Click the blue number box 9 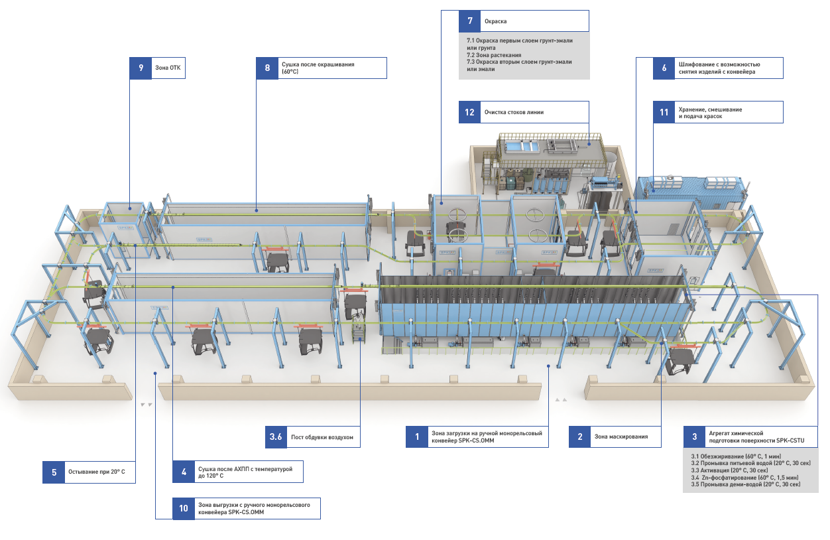141,68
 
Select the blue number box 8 267,68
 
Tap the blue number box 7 470,21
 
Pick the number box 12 470,112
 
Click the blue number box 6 664,68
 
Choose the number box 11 664,112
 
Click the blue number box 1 417,437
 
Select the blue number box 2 580,437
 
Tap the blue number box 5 54,472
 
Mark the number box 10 183,508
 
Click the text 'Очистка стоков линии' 514,112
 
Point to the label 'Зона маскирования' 621,437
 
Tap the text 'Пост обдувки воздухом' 322,437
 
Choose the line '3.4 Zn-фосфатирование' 744,477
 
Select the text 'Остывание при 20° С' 96,472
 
